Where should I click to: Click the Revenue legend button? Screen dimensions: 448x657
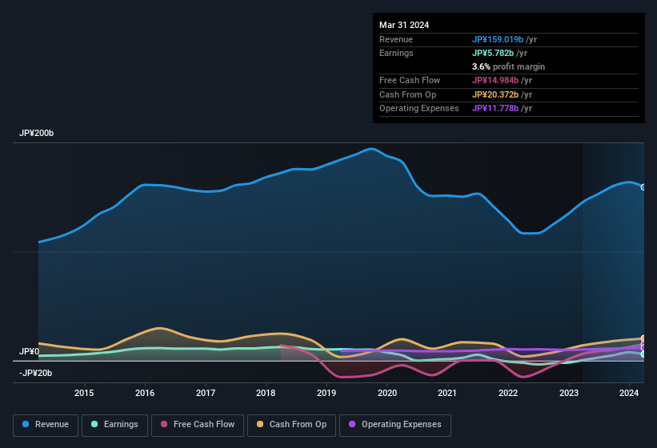point(46,425)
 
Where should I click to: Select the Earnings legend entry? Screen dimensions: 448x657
point(115,425)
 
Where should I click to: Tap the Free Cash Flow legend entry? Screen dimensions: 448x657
point(198,425)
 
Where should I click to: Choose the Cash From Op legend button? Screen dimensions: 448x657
point(291,425)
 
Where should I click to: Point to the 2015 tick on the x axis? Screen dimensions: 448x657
point(84,393)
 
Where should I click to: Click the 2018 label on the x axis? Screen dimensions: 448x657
point(266,393)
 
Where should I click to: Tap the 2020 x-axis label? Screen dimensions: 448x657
point(387,393)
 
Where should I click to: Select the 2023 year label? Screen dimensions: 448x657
point(569,393)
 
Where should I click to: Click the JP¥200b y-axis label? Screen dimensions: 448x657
point(37,134)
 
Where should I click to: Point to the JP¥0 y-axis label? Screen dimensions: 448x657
point(30,352)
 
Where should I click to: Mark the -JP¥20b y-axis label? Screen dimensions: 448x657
point(36,373)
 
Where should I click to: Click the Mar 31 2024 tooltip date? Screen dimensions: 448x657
point(404,25)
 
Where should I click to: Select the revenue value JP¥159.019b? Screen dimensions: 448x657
point(498,39)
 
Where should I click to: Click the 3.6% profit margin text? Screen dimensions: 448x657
point(508,66)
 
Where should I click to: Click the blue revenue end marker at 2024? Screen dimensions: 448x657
point(643,187)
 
